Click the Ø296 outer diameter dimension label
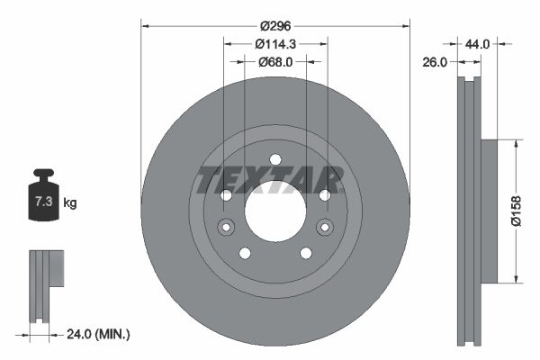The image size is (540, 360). [275, 26]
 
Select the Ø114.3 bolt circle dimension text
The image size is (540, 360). [275, 44]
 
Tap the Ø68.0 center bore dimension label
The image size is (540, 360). [275, 62]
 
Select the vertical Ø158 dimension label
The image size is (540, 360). [527, 209]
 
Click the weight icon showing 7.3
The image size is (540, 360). [43, 200]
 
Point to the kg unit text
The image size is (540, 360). [70, 203]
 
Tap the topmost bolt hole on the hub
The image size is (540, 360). [275, 160]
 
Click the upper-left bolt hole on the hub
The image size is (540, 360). [227, 195]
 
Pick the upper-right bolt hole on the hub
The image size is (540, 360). [324, 195]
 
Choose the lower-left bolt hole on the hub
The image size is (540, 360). [245, 253]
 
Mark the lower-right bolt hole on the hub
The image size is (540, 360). [306, 253]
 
